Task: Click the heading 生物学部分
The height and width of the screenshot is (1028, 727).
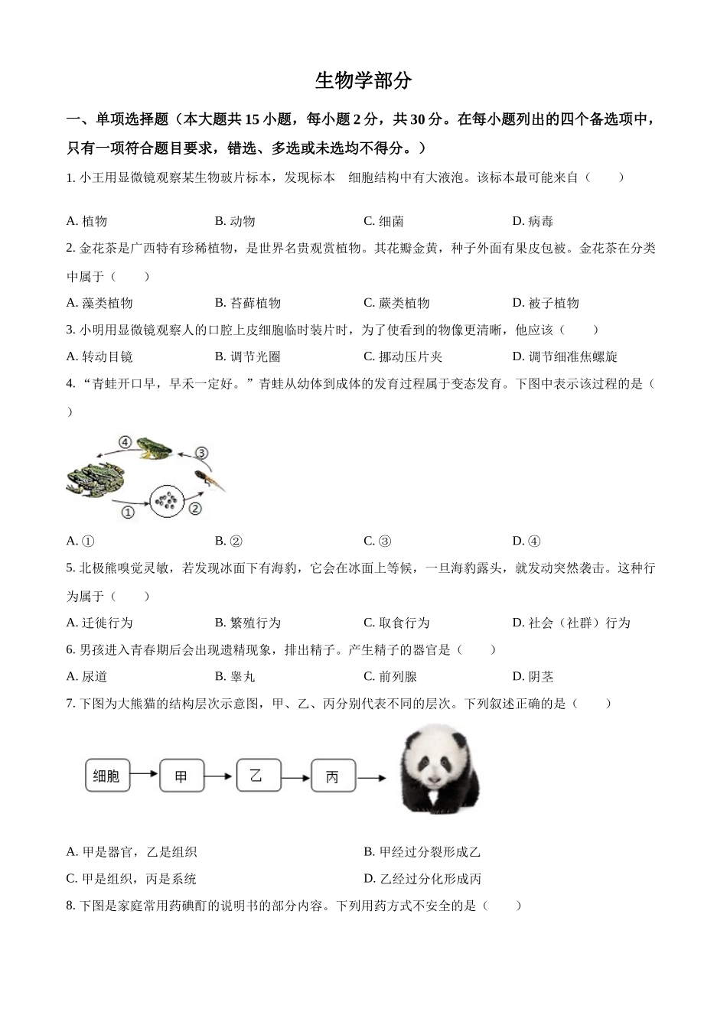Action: pyautogui.click(x=363, y=80)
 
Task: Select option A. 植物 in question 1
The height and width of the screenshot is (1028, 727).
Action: pyautogui.click(x=86, y=221)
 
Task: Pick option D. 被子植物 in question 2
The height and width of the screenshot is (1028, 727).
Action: pyautogui.click(x=546, y=303)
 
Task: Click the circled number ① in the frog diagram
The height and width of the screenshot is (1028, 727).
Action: pyautogui.click(x=128, y=512)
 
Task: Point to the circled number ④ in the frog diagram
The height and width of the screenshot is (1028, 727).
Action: pyautogui.click(x=125, y=442)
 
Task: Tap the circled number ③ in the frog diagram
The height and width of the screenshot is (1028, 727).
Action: pyautogui.click(x=201, y=453)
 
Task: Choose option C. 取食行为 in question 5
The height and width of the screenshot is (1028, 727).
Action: pyautogui.click(x=396, y=623)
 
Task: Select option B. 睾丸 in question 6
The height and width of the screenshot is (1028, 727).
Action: pyautogui.click(x=235, y=676)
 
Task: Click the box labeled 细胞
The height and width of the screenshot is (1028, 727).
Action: pyautogui.click(x=106, y=776)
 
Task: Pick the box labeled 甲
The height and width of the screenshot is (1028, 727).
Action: pyautogui.click(x=181, y=776)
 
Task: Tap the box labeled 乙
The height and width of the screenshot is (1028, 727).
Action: pyautogui.click(x=257, y=776)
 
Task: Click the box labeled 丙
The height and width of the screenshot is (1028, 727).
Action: pyautogui.click(x=332, y=777)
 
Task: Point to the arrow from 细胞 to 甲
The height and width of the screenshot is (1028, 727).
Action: pyautogui.click(x=144, y=776)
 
